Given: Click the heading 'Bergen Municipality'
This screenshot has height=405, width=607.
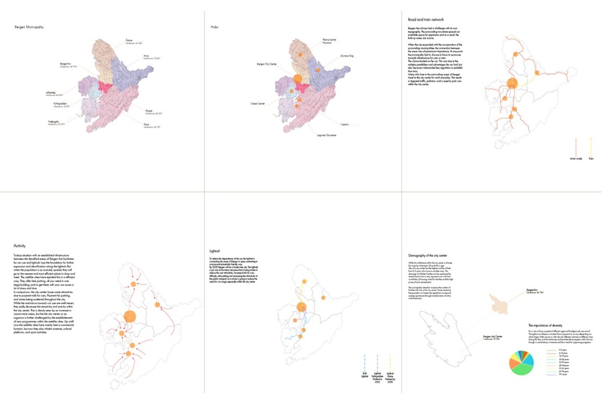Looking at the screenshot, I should [x=29, y=26].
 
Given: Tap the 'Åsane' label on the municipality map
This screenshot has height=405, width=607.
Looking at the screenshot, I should [x=129, y=39].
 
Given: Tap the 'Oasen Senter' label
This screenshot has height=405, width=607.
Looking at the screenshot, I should [x=257, y=104].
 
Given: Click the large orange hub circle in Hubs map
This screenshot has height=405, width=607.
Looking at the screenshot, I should [x=298, y=79].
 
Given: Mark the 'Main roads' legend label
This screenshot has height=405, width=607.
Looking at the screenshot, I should [x=576, y=158].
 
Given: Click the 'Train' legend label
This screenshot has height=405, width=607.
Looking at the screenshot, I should [x=591, y=158].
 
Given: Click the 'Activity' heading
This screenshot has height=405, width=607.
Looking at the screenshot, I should [x=20, y=246].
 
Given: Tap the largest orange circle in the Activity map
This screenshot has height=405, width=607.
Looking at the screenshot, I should [x=130, y=316].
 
